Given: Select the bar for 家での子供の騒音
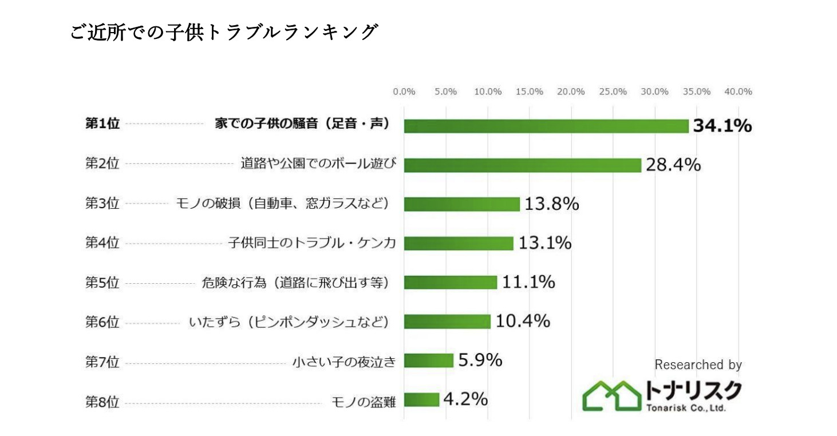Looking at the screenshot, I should [546, 126].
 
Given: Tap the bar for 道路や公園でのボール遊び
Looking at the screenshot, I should [522, 165].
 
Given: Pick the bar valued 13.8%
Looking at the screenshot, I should [461, 204].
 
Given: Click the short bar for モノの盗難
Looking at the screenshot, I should [421, 399].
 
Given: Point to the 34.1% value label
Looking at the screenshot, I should [722, 126].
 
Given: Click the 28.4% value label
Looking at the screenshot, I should [673, 165].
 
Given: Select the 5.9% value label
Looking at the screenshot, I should [480, 360].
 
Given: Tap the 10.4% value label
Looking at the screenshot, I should [523, 321].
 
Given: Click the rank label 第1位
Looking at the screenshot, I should [102, 124].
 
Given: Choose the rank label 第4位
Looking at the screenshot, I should [102, 243].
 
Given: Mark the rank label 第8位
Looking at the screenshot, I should [102, 402].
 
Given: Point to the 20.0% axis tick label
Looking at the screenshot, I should [571, 92].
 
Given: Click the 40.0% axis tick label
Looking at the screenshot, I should [738, 92].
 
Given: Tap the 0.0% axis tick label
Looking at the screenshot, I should [404, 92].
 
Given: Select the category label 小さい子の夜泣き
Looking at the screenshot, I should [344, 362].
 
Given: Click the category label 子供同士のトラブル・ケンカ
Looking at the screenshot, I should [311, 243].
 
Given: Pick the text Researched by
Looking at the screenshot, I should [698, 364].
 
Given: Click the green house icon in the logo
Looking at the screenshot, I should [611, 395].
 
